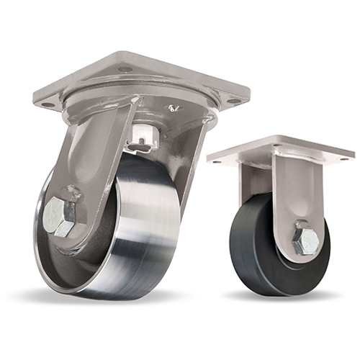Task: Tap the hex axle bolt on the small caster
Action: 305,241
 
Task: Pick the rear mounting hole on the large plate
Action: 126,68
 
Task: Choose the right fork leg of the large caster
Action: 196,166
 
